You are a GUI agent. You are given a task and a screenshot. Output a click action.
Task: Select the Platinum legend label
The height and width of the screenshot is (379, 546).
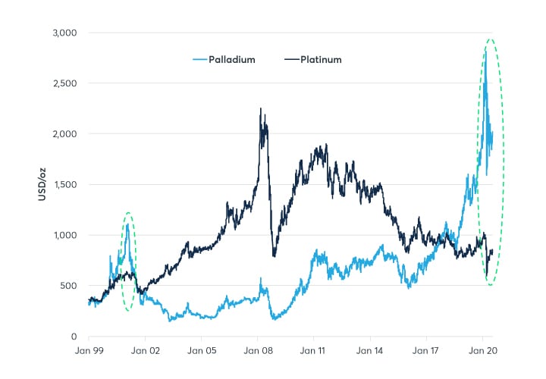321,59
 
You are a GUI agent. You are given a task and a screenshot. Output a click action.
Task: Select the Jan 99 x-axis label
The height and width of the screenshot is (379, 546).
89,352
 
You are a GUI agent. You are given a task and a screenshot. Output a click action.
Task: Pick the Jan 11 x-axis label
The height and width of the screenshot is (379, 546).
313,352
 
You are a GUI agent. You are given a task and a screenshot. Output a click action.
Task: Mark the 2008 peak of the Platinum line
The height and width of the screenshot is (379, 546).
260,108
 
